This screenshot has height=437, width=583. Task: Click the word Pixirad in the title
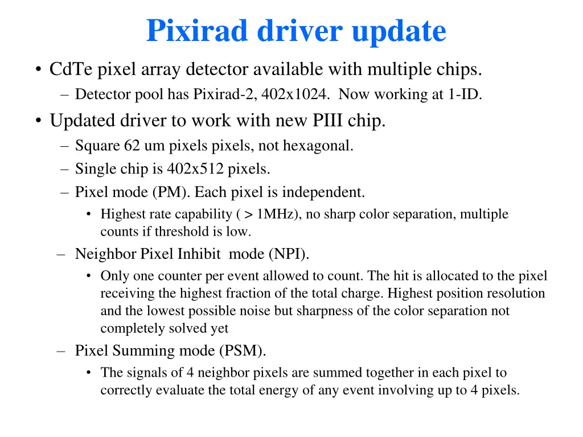click(198, 31)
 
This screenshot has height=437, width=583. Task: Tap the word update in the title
click(399, 31)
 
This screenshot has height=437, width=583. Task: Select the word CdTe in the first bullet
click(72, 70)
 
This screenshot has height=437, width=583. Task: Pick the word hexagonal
click(321, 146)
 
